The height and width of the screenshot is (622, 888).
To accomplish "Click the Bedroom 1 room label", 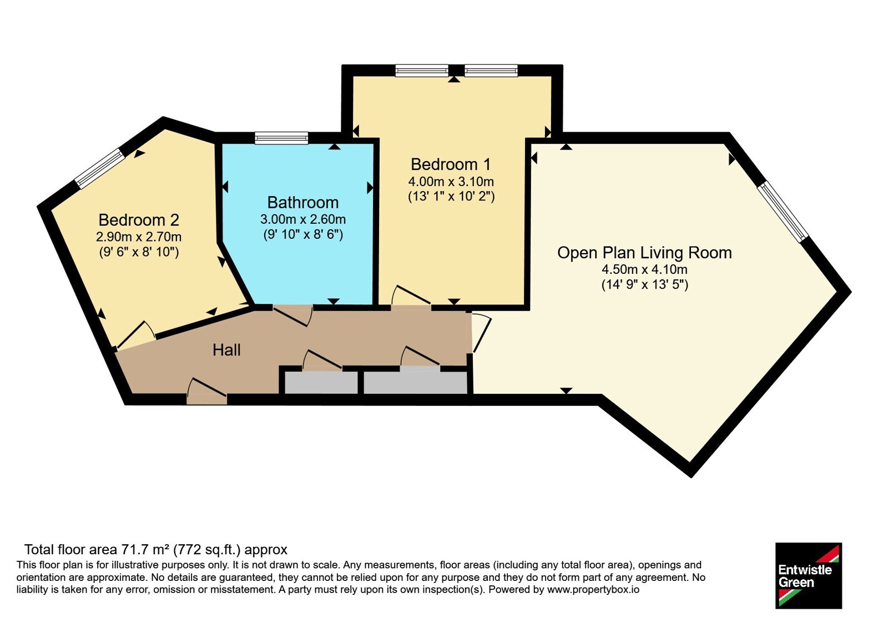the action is coord(450,164).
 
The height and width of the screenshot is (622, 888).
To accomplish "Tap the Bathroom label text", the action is coord(303,203).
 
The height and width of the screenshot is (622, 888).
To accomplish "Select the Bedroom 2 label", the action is coord(139,220).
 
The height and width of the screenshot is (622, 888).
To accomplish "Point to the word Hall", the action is coord(226,350).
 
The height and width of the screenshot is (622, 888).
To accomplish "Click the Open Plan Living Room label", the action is coord(644,253).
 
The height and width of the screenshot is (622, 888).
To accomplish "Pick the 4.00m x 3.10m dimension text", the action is coord(451,182).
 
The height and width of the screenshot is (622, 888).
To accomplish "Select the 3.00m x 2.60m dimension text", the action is coord(303,219).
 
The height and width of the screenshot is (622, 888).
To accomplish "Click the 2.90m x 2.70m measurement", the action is coord(139,237).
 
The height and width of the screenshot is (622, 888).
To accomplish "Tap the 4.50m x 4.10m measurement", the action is coord(644,269).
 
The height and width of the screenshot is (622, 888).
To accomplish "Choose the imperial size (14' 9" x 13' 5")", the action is coord(644,285).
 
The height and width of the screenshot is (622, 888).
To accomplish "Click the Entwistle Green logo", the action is coord(809,575).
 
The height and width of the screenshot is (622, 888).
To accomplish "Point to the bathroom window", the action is coord(281,138).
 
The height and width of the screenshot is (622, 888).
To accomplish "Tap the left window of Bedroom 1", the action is coord(422,70).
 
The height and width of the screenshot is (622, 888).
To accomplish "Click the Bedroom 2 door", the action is coord(135,335).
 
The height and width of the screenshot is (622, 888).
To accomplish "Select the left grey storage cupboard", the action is coord(321,383).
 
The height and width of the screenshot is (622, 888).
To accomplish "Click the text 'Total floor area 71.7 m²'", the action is coord(97,549).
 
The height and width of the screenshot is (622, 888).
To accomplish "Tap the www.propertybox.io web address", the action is coord(593,589).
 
